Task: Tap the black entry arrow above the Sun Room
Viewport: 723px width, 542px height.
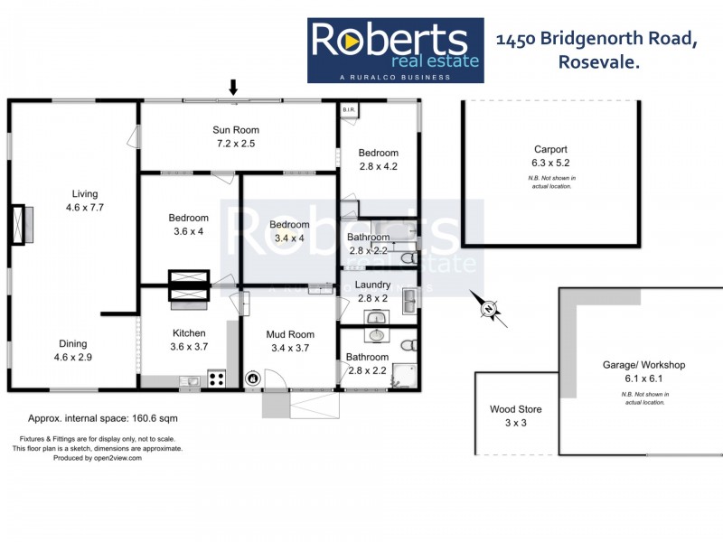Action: (233, 88)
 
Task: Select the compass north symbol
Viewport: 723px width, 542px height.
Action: (489, 310)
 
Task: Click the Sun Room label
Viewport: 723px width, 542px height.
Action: (236, 130)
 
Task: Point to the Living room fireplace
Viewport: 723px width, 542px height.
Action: (22, 226)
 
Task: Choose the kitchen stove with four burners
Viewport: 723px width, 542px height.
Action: (217, 379)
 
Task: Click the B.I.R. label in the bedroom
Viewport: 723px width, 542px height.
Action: (349, 110)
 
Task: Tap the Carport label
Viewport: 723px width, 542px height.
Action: (550, 150)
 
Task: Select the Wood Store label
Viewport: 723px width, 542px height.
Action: (514, 409)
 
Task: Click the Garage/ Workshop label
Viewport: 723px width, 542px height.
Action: (644, 365)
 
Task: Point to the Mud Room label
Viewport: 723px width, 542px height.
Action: (290, 334)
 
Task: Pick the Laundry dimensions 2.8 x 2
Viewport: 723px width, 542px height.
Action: (372, 298)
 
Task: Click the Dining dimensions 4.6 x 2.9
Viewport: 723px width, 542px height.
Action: (73, 357)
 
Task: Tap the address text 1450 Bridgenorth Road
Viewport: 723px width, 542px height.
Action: (596, 39)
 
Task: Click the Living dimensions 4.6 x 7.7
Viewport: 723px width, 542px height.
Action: (86, 207)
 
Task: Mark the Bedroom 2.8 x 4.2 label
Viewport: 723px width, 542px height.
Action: (378, 166)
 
